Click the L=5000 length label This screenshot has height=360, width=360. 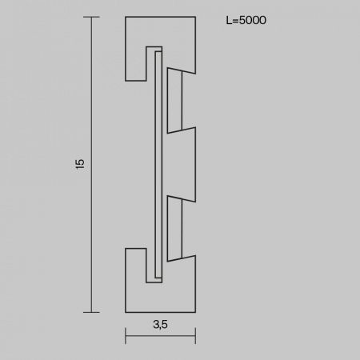246,20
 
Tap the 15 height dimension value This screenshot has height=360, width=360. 80,164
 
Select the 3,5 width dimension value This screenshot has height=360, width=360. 160,324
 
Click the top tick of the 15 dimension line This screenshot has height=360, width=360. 91,17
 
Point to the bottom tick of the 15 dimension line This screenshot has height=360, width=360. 91,312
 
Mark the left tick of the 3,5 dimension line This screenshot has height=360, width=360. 126,336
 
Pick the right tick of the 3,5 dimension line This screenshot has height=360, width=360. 195,336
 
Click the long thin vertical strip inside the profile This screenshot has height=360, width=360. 158,165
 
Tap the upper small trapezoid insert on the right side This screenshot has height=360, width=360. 174,101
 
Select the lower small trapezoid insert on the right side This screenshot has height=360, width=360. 174,229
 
